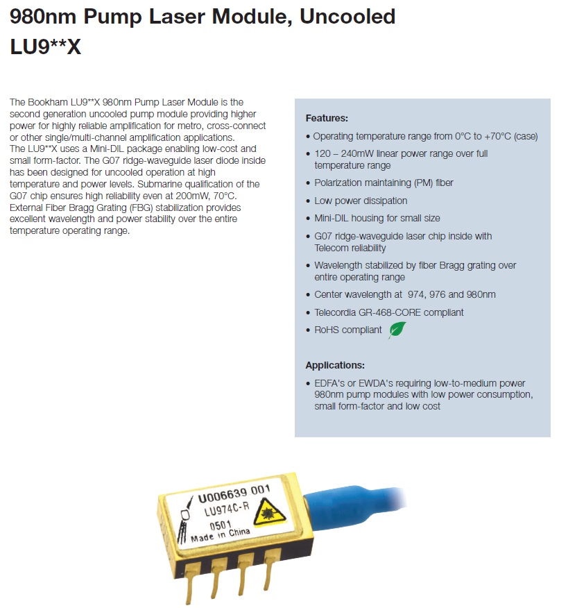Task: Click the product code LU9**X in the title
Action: pos(45,48)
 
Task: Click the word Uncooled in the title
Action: pos(347,16)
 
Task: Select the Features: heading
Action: pos(326,118)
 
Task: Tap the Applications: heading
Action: pos(335,365)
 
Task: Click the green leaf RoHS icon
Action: pos(397,330)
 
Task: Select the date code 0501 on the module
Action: pos(200,527)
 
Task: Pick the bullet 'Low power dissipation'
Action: pos(361,201)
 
